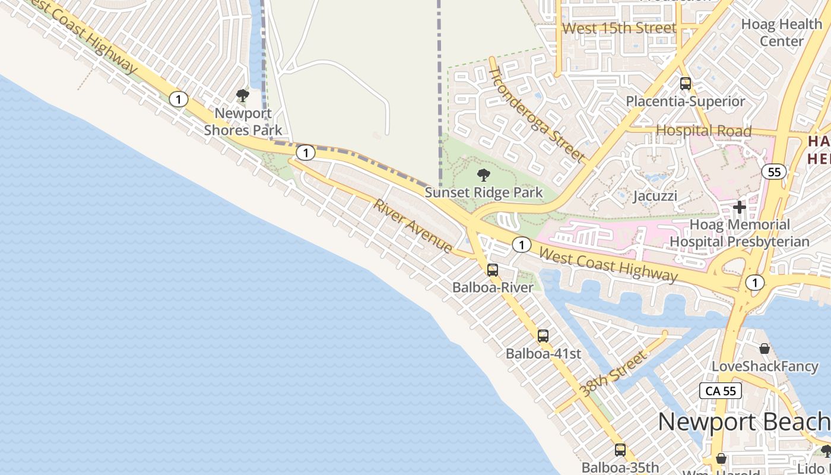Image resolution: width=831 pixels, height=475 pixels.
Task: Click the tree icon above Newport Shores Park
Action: point(242,96)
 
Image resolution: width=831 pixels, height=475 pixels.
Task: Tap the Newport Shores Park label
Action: point(243,122)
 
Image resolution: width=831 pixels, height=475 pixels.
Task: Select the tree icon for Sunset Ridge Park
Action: point(484,175)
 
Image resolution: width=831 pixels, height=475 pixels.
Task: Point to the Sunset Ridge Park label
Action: point(484,192)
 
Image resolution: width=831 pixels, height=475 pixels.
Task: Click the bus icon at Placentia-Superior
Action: point(686,84)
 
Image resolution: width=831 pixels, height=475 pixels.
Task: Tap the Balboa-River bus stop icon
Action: point(493,270)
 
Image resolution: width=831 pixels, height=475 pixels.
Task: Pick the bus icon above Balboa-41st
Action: point(543,336)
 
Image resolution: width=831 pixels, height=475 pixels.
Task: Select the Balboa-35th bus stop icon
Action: point(620,450)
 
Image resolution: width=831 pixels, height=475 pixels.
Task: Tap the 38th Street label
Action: point(613,374)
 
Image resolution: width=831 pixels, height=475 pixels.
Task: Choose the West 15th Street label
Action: point(619,28)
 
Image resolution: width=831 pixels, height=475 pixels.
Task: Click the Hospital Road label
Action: point(704,131)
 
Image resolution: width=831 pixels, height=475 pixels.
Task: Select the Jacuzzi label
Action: point(655,196)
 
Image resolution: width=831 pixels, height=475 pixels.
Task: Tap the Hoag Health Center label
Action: point(782,33)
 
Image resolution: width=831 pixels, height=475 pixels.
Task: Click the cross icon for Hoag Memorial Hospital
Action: point(740,207)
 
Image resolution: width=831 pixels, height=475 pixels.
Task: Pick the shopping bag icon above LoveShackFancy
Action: point(765,349)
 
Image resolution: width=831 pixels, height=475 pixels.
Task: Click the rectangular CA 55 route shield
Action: point(721,391)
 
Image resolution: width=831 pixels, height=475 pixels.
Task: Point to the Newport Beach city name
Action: point(744,422)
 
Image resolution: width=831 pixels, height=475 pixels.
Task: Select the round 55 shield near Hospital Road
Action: point(774,172)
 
